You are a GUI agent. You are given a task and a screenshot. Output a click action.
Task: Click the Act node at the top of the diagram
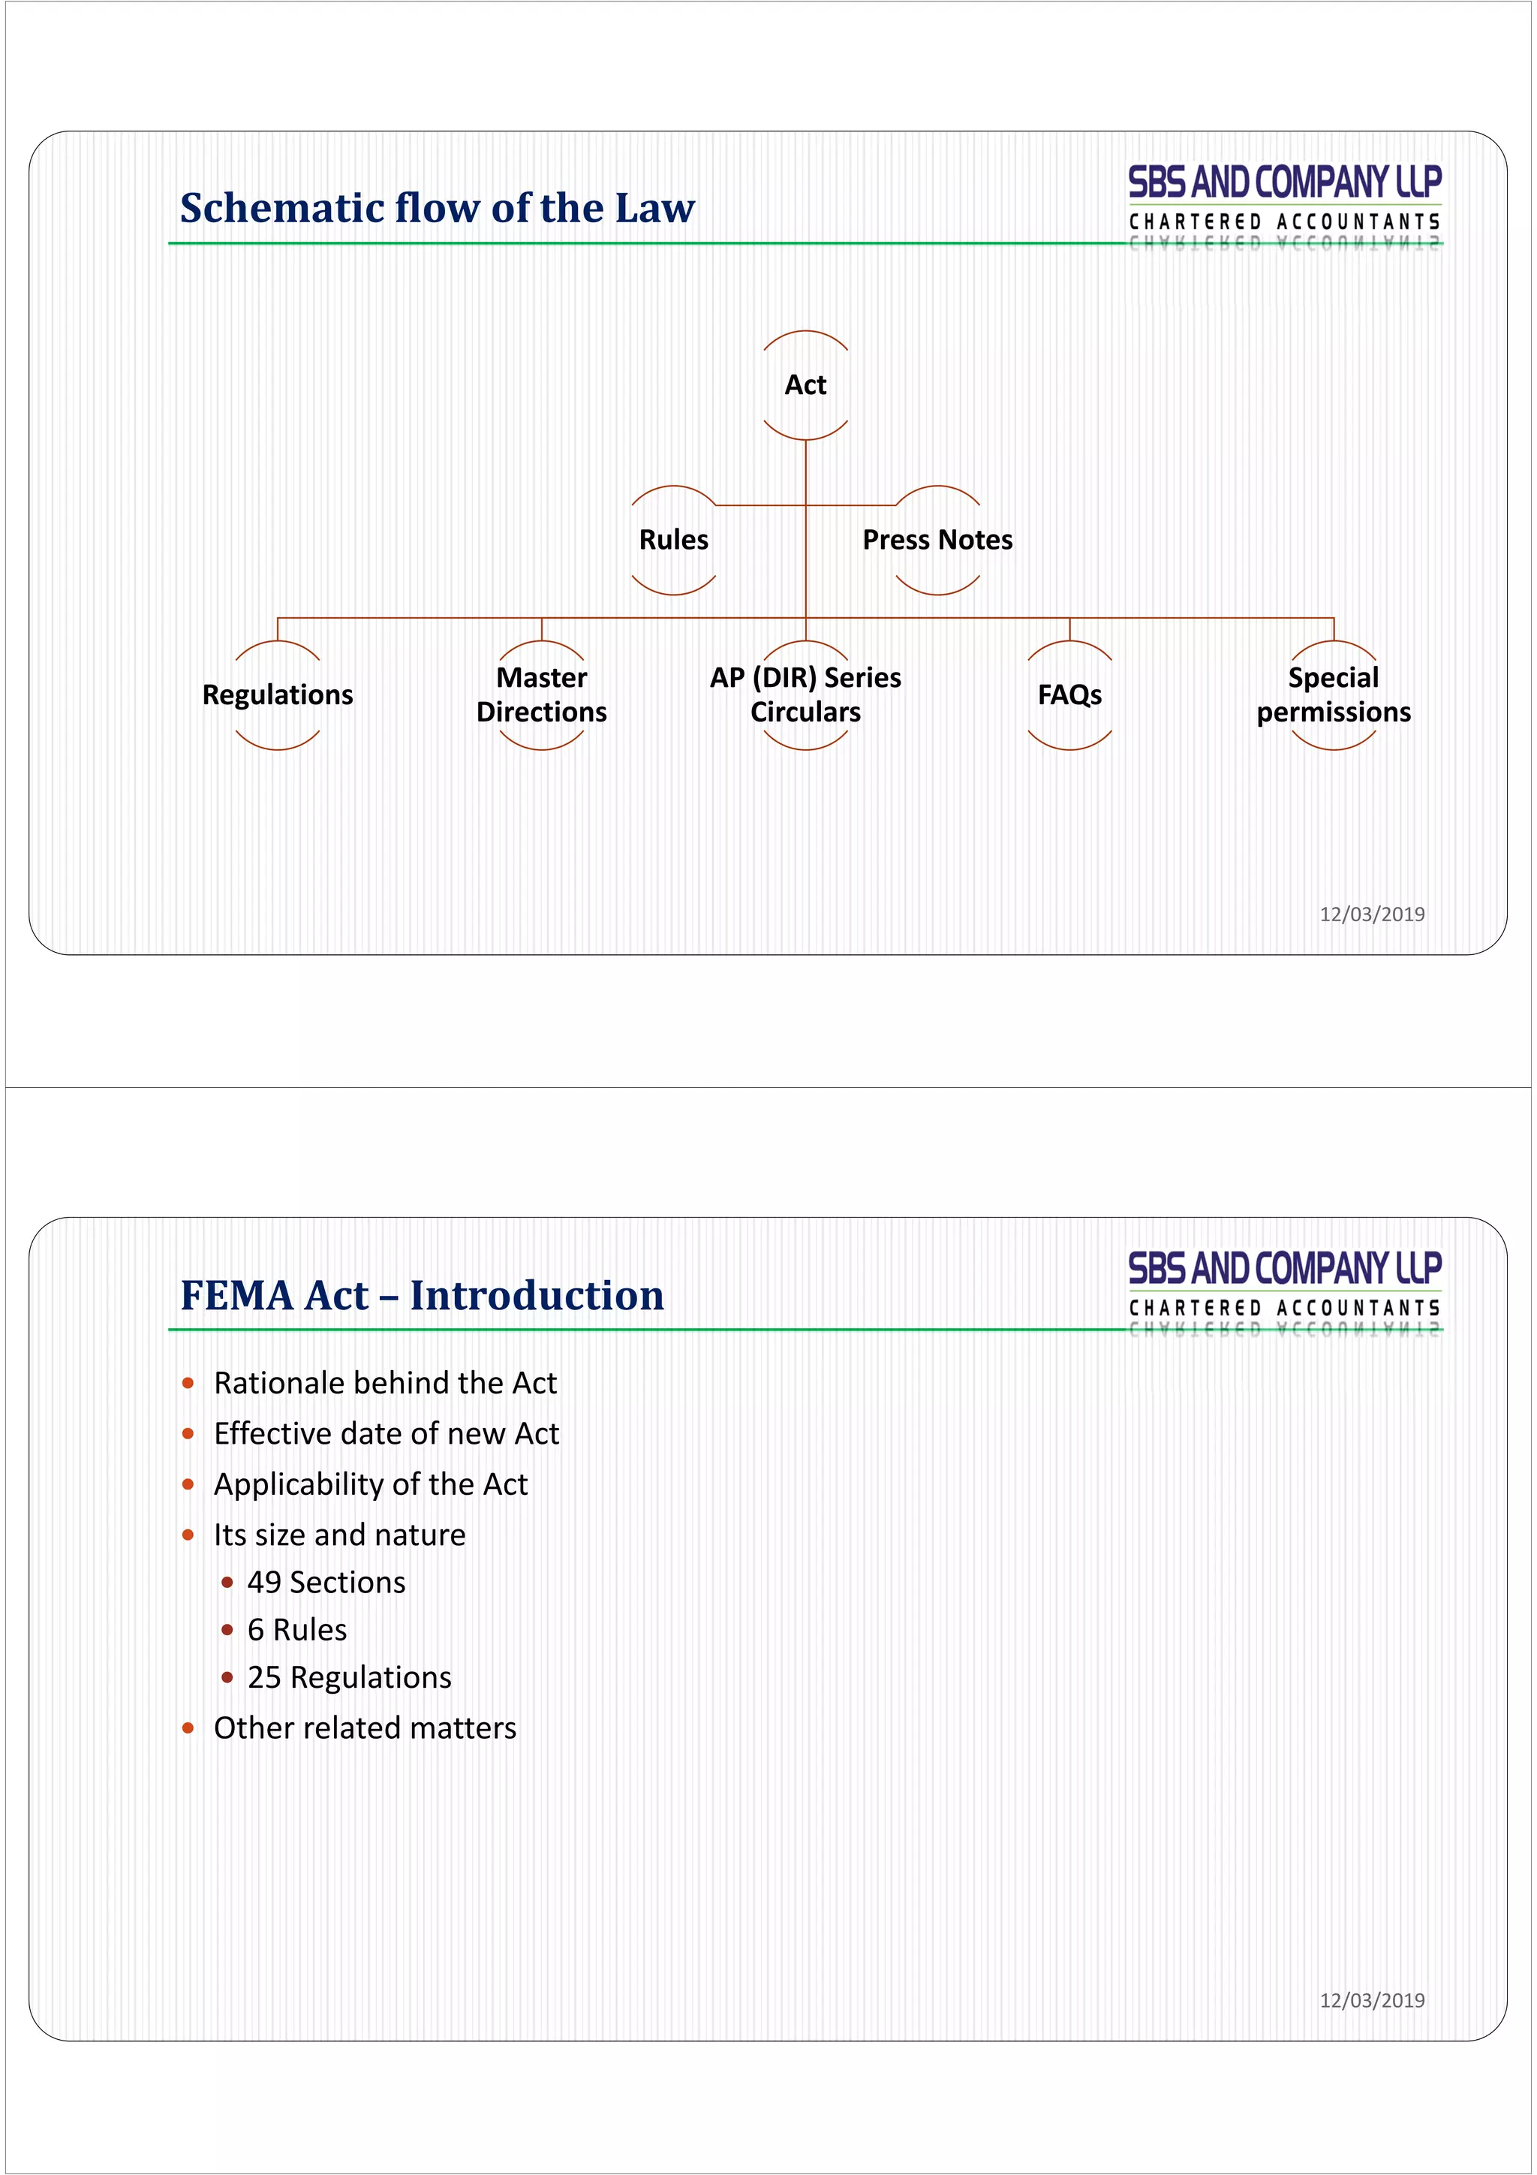pos(805,384)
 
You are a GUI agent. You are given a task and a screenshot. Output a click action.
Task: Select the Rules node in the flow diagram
pos(673,540)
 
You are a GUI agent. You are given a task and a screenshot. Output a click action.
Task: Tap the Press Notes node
pos(937,540)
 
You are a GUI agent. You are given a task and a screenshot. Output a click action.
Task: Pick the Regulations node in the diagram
pos(278,695)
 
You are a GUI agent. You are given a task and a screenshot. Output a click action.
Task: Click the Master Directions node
pos(542,695)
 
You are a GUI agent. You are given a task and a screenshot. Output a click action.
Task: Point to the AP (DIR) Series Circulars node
pos(805,695)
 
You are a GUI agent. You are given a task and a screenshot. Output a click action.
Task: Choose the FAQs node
pos(1069,695)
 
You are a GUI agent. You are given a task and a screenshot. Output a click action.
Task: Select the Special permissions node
pos(1334,695)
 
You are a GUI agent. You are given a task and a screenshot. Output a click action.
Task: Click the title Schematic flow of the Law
pos(438,209)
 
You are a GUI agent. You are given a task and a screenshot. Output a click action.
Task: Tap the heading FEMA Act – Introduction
pos(423,1295)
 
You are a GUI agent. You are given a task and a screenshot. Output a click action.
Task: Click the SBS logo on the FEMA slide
pos(1284,1288)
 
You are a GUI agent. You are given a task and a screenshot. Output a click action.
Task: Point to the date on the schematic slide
pos(1372,914)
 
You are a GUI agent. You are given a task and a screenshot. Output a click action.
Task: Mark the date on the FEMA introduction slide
pos(1372,2001)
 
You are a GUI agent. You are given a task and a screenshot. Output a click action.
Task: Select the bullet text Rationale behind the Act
pos(386,1383)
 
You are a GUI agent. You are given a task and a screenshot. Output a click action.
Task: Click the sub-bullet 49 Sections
pos(326,1582)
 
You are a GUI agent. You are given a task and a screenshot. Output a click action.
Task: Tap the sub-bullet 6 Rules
pos(297,1629)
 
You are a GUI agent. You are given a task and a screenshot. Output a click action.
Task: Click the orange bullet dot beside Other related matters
pos(188,1728)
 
